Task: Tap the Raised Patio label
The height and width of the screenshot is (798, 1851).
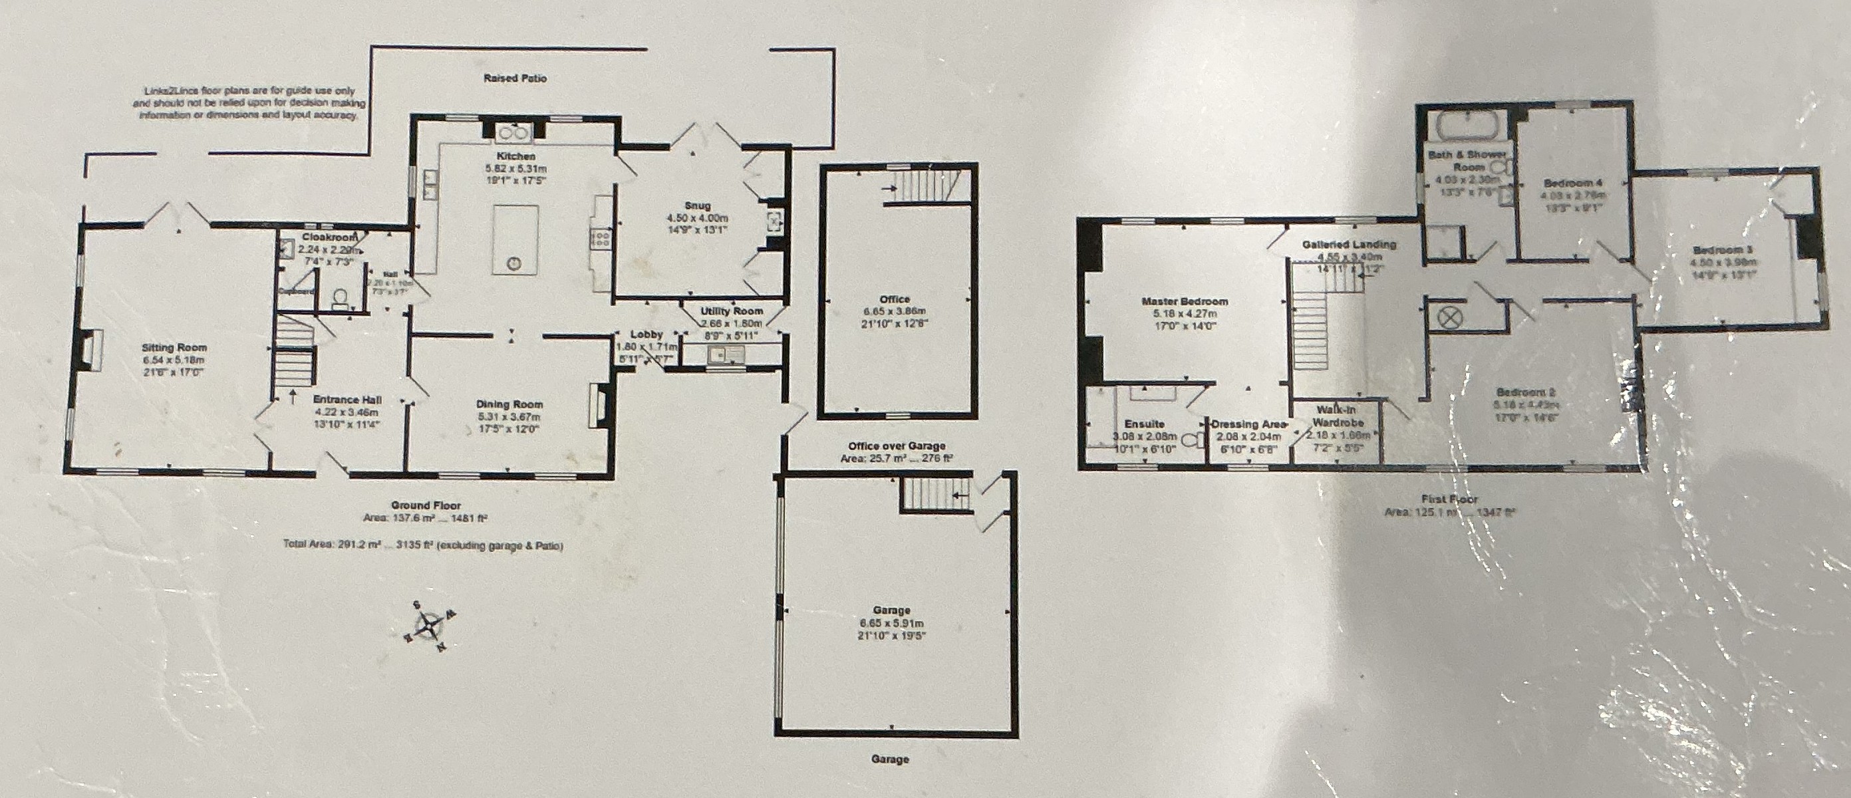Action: point(515,78)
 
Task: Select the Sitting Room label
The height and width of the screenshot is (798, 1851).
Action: point(175,348)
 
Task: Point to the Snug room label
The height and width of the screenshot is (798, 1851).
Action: point(698,206)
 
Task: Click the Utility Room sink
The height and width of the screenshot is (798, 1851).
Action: point(718,353)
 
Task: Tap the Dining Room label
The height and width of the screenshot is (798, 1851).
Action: point(509,404)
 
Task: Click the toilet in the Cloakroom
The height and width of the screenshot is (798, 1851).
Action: point(340,297)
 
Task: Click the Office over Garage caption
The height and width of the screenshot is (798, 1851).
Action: point(896,446)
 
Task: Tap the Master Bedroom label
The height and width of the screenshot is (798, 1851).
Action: point(1184,302)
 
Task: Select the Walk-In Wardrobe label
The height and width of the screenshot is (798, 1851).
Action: point(1336,416)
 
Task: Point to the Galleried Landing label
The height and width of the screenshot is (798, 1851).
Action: point(1349,244)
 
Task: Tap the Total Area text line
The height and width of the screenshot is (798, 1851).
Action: point(422,545)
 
